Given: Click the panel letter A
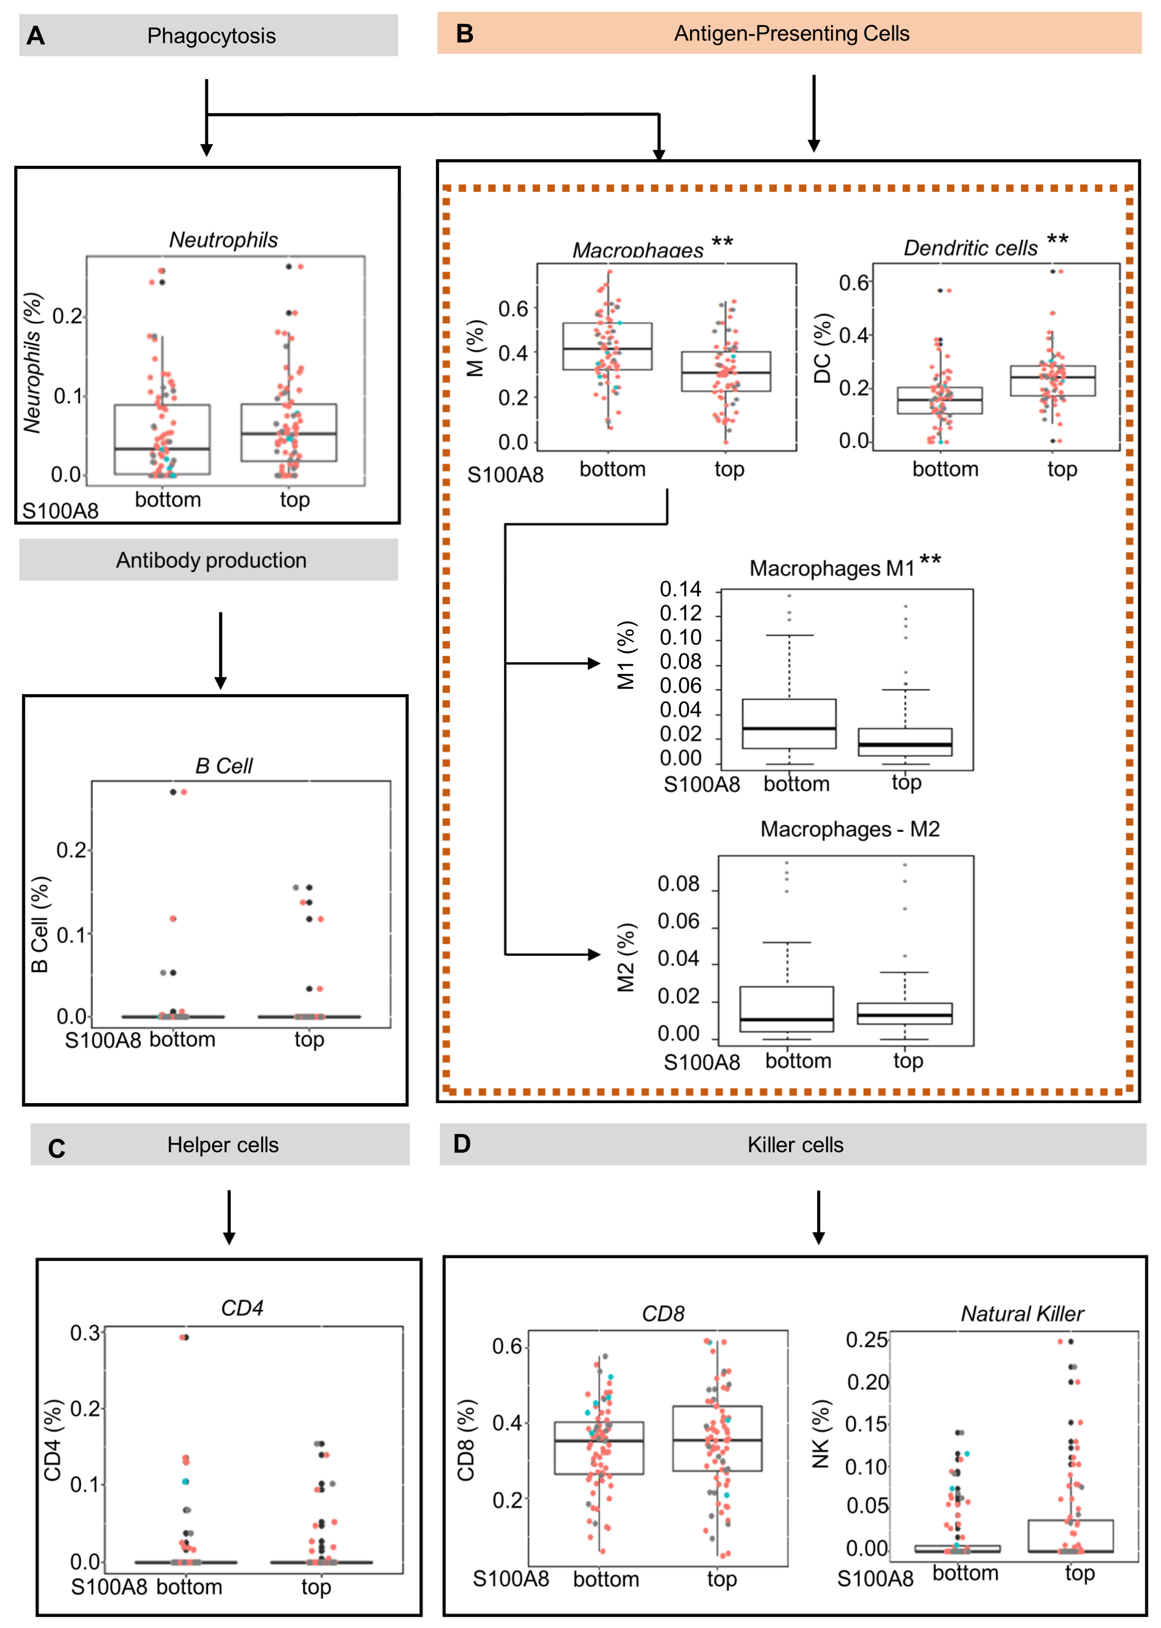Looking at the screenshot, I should click(36, 36).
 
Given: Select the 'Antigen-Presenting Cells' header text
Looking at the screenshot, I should click(791, 34).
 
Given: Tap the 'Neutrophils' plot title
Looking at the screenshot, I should click(223, 240).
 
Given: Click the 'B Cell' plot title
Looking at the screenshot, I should click(224, 766).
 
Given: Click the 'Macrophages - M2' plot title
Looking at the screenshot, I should click(849, 829).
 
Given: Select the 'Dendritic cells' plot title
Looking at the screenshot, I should click(970, 248).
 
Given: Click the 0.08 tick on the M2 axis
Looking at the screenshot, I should click(678, 884).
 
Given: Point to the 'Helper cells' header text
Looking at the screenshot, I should click(223, 1145).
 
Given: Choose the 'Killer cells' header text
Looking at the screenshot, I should click(795, 1145).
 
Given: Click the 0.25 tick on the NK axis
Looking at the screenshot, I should click(867, 1340).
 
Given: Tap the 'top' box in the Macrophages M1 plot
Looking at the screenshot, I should click(905, 742).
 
